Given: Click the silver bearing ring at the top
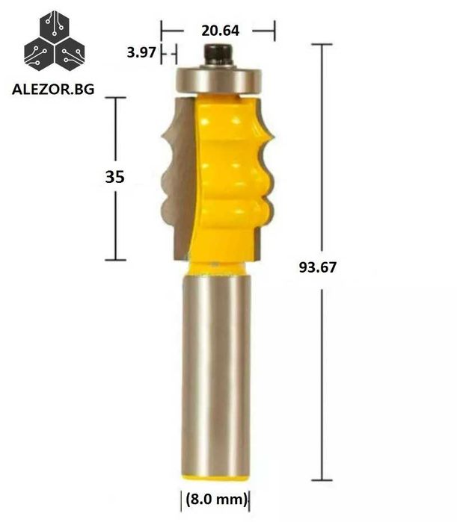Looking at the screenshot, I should click(x=217, y=78).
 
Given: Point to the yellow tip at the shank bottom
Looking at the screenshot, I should click(x=218, y=475).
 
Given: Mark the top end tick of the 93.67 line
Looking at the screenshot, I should click(x=322, y=45).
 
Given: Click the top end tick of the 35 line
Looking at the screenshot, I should click(x=114, y=98).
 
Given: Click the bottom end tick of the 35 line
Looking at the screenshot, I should click(x=114, y=259).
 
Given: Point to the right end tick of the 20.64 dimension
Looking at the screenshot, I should click(x=274, y=31).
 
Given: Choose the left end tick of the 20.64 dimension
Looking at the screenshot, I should click(x=162, y=31).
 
